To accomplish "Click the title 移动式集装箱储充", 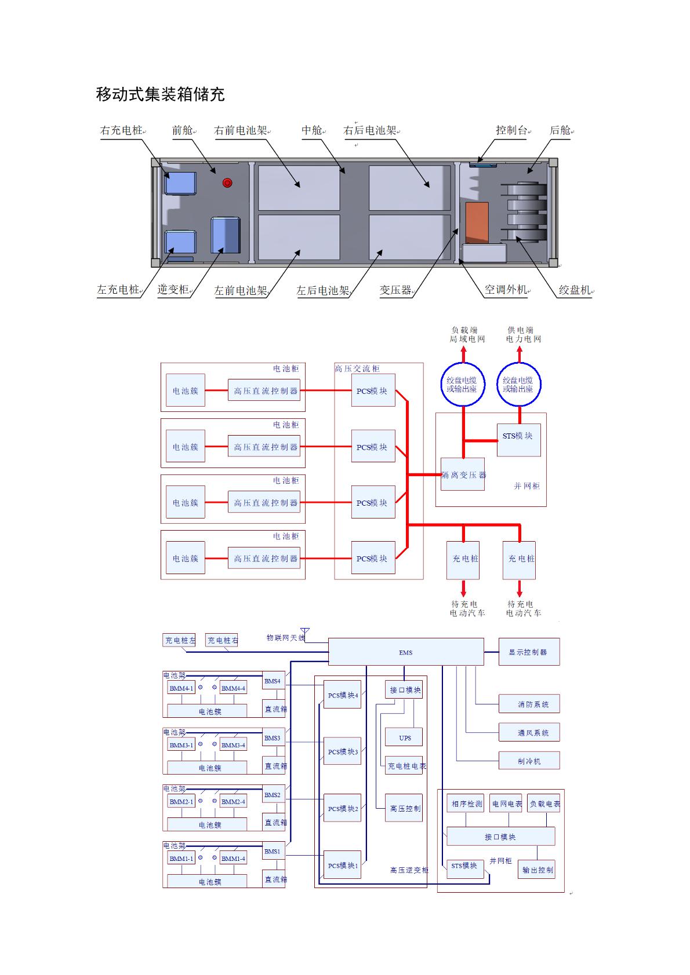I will tap(160, 94).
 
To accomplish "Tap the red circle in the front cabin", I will tap(227, 183).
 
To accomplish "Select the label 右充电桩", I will tap(121, 130).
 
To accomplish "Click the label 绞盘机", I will tap(574, 290).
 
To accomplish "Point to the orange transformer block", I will tap(477, 222).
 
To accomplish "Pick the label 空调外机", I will tap(505, 290).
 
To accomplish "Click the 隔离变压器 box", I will tap(463, 474).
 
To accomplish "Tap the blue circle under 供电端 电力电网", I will tap(518, 385).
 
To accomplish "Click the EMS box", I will tap(406, 652).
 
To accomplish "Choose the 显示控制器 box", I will tap(528, 652).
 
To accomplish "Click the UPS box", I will tap(405, 737).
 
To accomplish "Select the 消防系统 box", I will tap(529, 704).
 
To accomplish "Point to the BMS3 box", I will tap(273, 738).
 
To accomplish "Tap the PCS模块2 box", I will tap(343, 808).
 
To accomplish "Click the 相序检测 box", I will tap(467, 804).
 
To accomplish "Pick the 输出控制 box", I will tap(537, 870).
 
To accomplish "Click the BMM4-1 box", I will tap(181, 688).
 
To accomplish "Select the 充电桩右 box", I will tap(222, 640).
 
